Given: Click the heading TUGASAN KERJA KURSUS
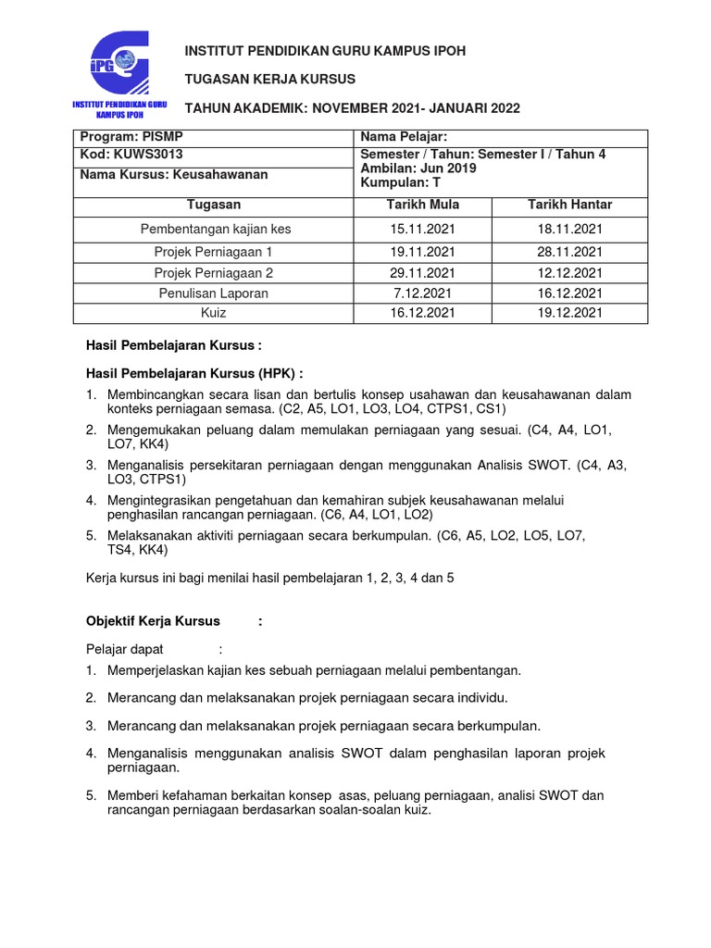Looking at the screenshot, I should [x=270, y=80].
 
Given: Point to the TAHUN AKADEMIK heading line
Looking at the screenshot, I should [x=353, y=108].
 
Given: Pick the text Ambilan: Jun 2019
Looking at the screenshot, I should [x=418, y=168].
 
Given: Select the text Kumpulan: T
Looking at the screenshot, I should [x=400, y=182].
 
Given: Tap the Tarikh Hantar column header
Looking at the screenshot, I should [x=569, y=205].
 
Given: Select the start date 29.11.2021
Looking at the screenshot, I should [x=422, y=272].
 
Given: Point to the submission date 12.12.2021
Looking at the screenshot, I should [x=569, y=272].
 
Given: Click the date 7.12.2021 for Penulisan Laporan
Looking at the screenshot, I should [x=422, y=293].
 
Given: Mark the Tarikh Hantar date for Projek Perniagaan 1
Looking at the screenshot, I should [x=569, y=251].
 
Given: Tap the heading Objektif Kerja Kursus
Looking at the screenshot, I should [x=153, y=621].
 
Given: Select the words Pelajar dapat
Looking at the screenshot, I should [x=124, y=649].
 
